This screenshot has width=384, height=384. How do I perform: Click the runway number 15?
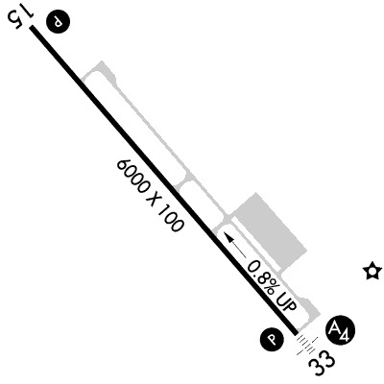(x=20, y=18)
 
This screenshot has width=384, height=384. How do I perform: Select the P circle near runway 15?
(x=58, y=21)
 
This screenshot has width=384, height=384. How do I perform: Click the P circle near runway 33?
(x=272, y=339)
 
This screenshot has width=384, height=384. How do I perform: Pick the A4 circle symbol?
(x=340, y=331)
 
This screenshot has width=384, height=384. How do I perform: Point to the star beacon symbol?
(x=372, y=271)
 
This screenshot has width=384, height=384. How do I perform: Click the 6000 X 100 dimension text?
(x=150, y=195)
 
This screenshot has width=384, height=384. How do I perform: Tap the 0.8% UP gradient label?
(x=273, y=286)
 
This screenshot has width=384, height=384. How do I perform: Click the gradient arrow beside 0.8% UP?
(x=235, y=245)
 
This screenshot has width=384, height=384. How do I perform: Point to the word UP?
(x=287, y=301)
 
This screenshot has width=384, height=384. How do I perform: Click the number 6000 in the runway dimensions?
(x=133, y=178)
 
